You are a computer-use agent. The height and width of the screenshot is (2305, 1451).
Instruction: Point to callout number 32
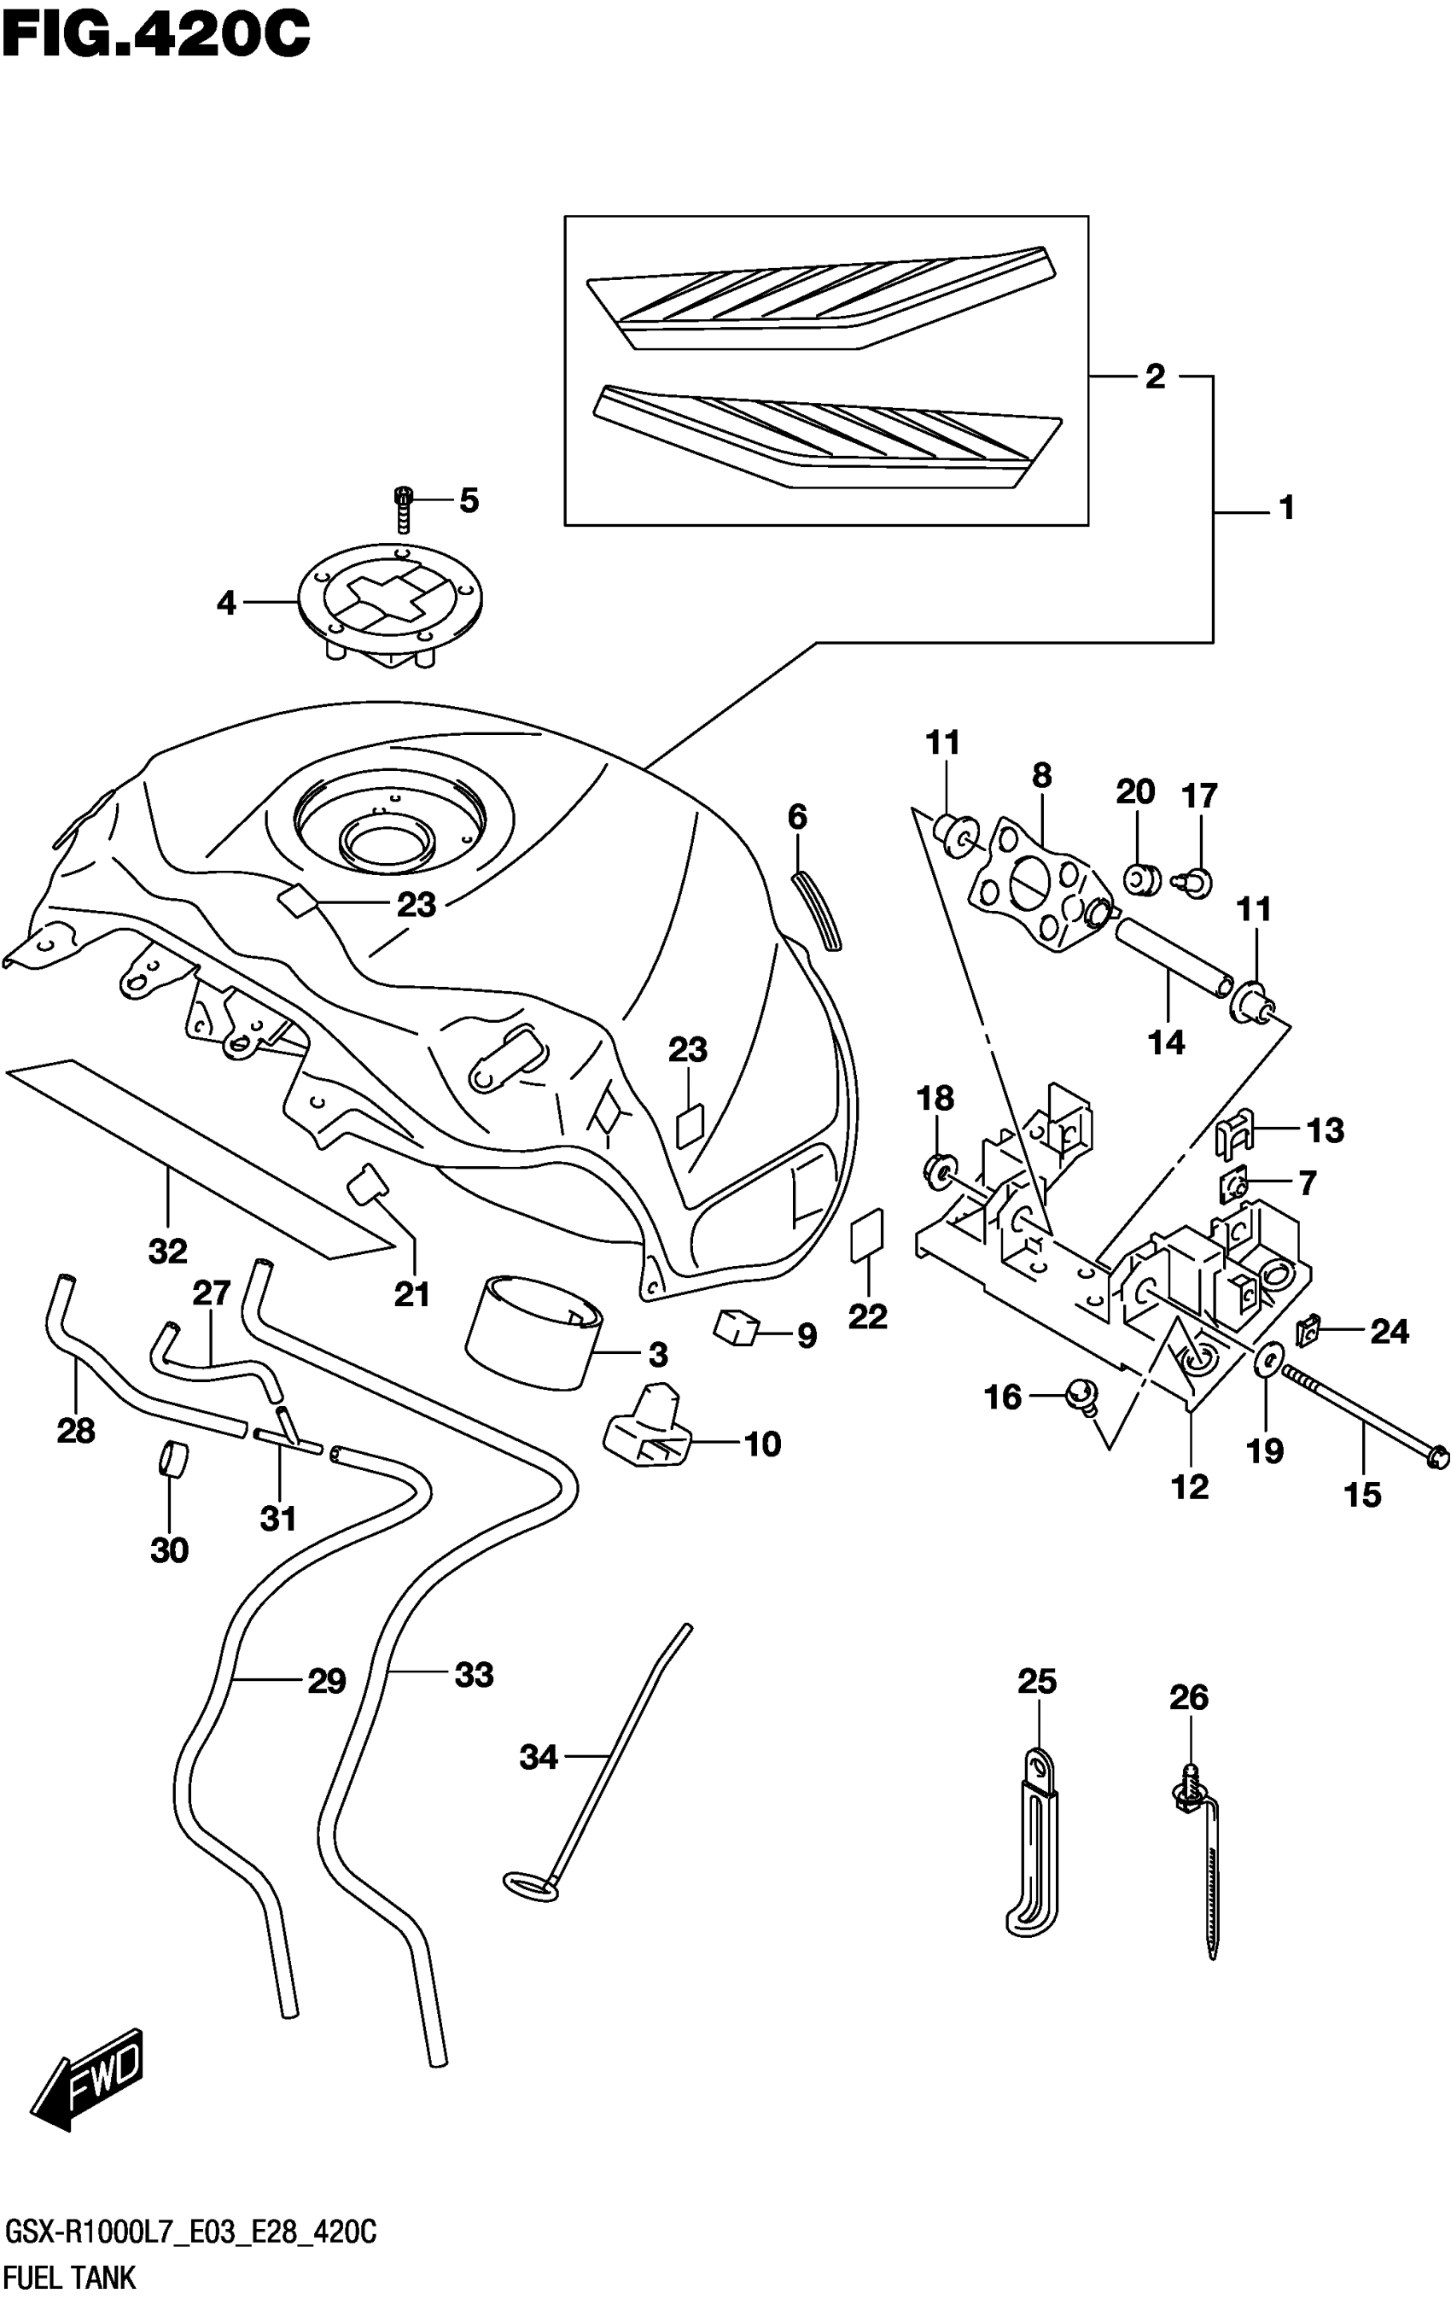pos(168,1250)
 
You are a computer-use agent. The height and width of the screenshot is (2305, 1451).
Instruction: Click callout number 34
pos(538,1757)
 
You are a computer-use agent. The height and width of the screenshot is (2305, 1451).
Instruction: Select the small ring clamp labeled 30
pos(172,1462)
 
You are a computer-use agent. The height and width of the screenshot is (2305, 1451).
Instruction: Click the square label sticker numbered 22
pos(867,1239)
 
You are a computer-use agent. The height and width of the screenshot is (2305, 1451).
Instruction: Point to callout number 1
pos(1286,508)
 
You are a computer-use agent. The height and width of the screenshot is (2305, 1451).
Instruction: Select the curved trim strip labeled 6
pos(817,910)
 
